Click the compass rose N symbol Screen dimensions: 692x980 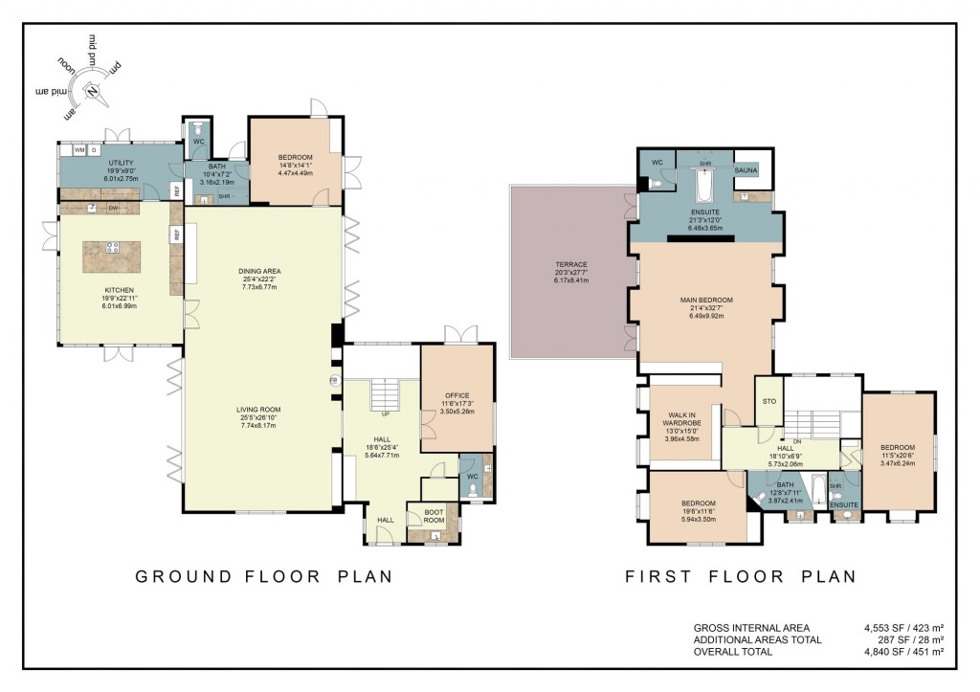tap(93, 92)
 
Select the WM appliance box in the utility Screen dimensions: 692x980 tap(79, 150)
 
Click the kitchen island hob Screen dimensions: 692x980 tap(112, 247)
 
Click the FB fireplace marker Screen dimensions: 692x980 tap(333, 380)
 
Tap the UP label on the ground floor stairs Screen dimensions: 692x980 tap(385, 414)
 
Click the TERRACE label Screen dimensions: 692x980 tap(571, 264)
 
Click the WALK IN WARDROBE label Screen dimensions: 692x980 tap(683, 420)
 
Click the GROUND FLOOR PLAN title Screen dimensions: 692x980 tap(264, 577)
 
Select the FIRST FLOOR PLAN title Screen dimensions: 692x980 tap(740, 577)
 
